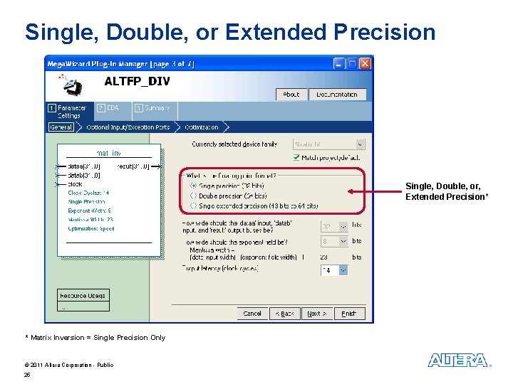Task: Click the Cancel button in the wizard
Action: click(x=252, y=314)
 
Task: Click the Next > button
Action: click(x=316, y=314)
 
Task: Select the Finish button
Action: click(x=348, y=314)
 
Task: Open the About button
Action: click(x=291, y=95)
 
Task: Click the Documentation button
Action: click(x=337, y=95)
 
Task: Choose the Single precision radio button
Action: click(x=193, y=186)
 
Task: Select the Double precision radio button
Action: click(x=193, y=196)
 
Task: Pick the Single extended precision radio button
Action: click(x=193, y=206)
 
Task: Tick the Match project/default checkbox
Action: click(x=296, y=157)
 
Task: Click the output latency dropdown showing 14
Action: click(x=333, y=270)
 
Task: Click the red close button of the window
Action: click(x=365, y=63)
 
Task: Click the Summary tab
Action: click(x=153, y=108)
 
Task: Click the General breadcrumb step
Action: click(x=61, y=127)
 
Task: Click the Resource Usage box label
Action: click(x=83, y=295)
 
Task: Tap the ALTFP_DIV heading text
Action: click(x=137, y=81)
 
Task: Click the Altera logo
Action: click(x=459, y=361)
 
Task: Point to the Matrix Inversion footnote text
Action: click(x=95, y=338)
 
